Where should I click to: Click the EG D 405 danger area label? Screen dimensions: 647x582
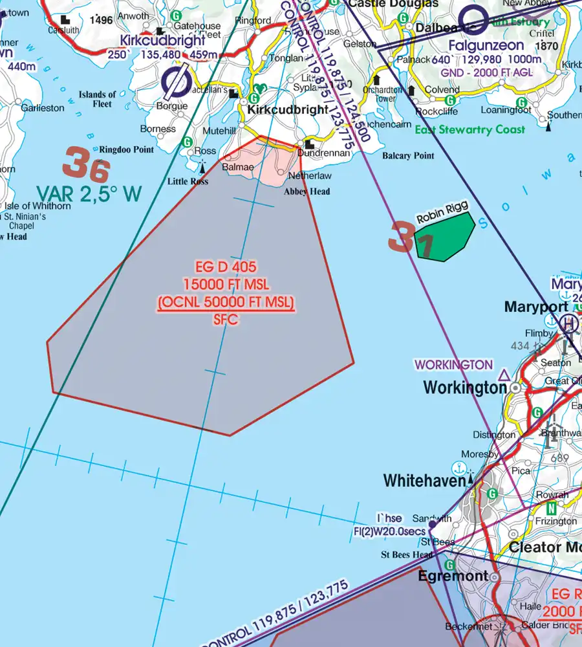coord(226,267)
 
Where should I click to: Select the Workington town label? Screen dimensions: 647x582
coord(464,388)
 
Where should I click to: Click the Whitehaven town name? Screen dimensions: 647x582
coord(424,481)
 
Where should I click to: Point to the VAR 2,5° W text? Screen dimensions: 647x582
coord(89,194)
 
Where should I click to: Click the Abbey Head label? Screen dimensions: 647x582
coord(307,192)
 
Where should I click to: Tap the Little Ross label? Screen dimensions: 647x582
coord(188,182)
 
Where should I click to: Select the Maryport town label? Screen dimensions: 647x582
coord(536,307)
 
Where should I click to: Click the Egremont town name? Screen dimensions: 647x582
coord(453,576)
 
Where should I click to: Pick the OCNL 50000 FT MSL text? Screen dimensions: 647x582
coord(226,302)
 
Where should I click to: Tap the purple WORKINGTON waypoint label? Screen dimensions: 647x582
coord(453,365)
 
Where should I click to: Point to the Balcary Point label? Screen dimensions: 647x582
coord(408,156)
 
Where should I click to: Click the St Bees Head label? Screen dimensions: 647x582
coord(407,555)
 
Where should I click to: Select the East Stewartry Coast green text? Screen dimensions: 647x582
coord(470,130)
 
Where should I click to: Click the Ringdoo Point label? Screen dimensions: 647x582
coord(127,149)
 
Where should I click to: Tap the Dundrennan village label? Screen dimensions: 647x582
coord(323,153)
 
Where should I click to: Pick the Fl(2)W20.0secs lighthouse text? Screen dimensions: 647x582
coord(398,531)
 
